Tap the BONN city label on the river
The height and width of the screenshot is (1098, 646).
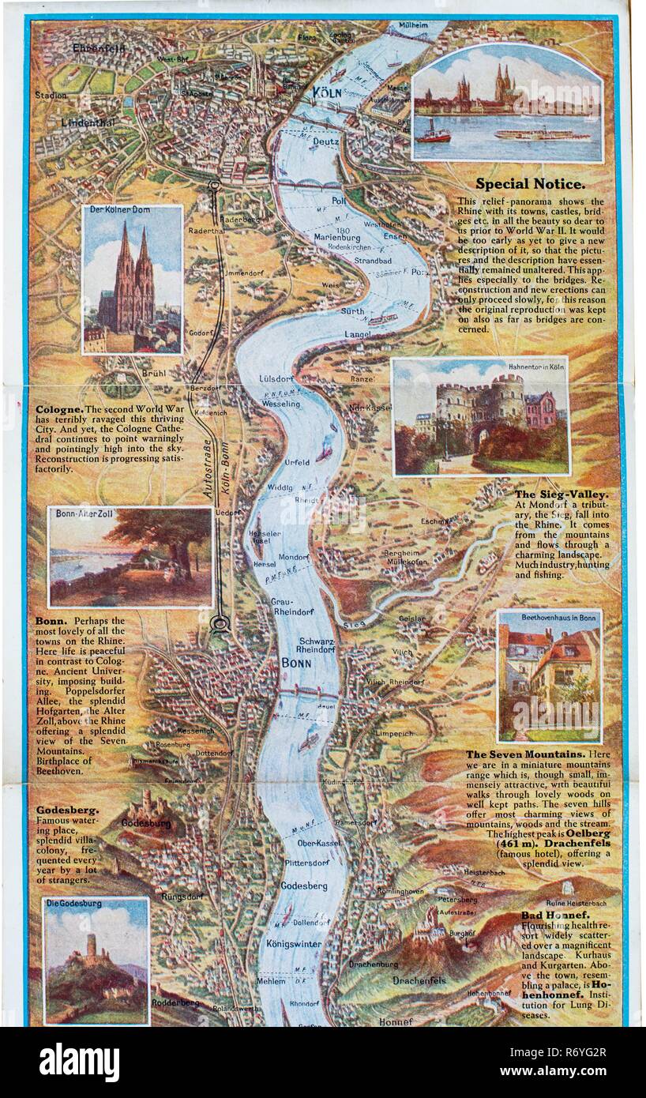pyautogui.click(x=296, y=663)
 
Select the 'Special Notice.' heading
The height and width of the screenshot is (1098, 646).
pyautogui.click(x=530, y=184)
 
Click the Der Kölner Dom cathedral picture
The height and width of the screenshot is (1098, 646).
pyautogui.click(x=133, y=280)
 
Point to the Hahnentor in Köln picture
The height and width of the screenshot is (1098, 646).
pyautogui.click(x=480, y=416)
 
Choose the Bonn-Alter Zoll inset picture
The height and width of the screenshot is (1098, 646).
pyautogui.click(x=130, y=557)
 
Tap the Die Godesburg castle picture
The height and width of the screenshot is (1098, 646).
pyautogui.click(x=96, y=961)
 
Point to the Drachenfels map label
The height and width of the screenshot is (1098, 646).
pyautogui.click(x=419, y=981)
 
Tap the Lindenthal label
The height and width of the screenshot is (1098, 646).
pyautogui.click(x=88, y=122)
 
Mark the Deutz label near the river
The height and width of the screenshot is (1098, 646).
pyautogui.click(x=325, y=142)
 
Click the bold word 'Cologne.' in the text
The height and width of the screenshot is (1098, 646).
pyautogui.click(x=58, y=410)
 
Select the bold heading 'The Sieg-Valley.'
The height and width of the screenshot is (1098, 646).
pyautogui.click(x=561, y=494)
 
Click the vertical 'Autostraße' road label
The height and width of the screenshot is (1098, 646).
pyautogui.click(x=208, y=467)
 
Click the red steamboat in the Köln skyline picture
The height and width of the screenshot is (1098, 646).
pyautogui.click(x=434, y=133)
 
